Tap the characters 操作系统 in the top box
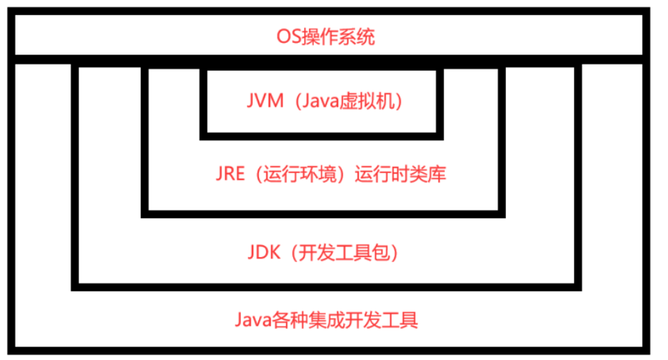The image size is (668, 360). (338, 37)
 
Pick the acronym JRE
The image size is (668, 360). (229, 175)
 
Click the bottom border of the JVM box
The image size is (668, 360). (322, 136)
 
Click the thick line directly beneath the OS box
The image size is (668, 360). (328, 59)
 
